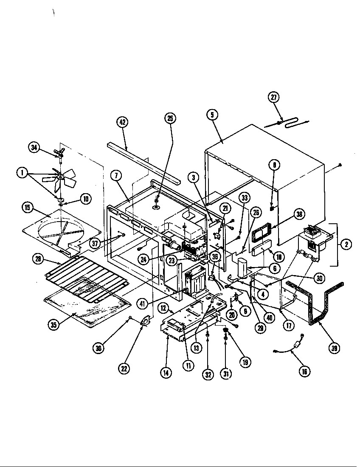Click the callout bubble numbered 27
[x=274, y=97]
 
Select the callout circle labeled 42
[x=122, y=122]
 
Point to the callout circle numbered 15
[x=28, y=208]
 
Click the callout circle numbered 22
[x=124, y=369]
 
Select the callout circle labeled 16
[x=304, y=371]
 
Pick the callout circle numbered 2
[x=346, y=245]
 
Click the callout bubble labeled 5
[x=213, y=114]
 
